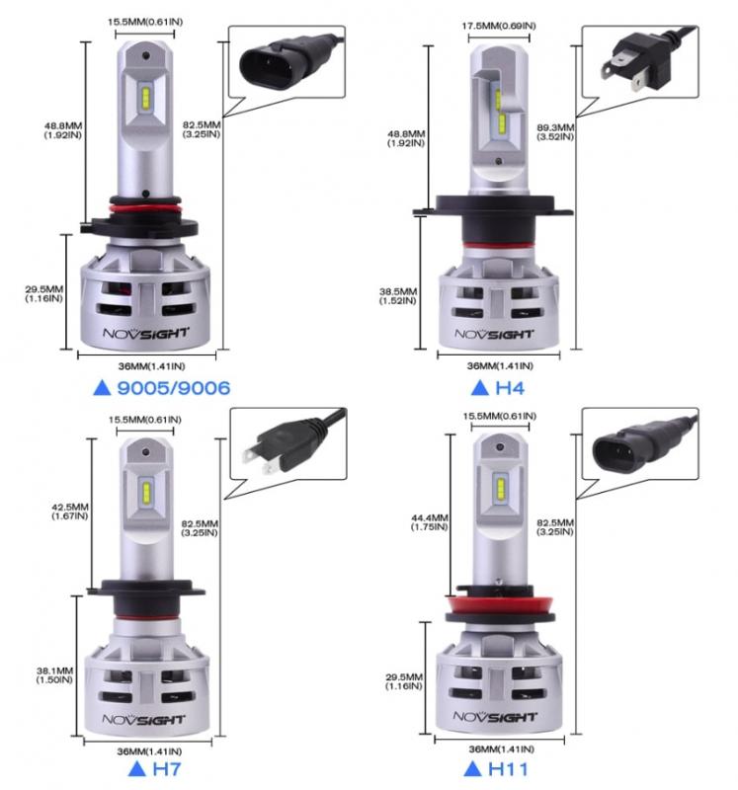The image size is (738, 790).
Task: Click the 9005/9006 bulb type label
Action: pyautogui.click(x=174, y=388)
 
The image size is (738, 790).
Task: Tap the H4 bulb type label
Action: pyautogui.click(x=510, y=388)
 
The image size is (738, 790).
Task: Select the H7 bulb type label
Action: pyautogui.click(x=166, y=769)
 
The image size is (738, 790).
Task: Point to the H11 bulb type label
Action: pyautogui.click(x=508, y=769)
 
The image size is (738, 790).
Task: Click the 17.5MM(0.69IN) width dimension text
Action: pyautogui.click(x=499, y=26)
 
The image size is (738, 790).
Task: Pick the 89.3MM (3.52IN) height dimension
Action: pyautogui.click(x=555, y=132)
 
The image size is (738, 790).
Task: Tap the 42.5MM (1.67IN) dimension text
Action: pyautogui.click(x=70, y=512)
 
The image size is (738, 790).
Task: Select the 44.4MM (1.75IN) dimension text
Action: pyautogui.click(x=430, y=522)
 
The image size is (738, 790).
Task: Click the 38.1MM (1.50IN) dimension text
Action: pyautogui.click(x=54, y=675)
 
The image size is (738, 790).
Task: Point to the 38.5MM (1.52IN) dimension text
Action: pyautogui.click(x=398, y=295)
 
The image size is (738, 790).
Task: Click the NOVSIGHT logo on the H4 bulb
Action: pyautogui.click(x=494, y=334)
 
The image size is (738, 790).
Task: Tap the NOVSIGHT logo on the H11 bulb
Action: pyautogui.click(x=494, y=717)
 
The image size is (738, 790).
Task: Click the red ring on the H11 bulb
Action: pyautogui.click(x=499, y=603)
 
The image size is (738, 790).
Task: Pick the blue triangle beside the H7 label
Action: pyautogui.click(x=137, y=769)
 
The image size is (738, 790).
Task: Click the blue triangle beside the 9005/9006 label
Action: pyautogui.click(x=103, y=388)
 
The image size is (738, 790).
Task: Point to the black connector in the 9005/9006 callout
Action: pyautogui.click(x=287, y=61)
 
